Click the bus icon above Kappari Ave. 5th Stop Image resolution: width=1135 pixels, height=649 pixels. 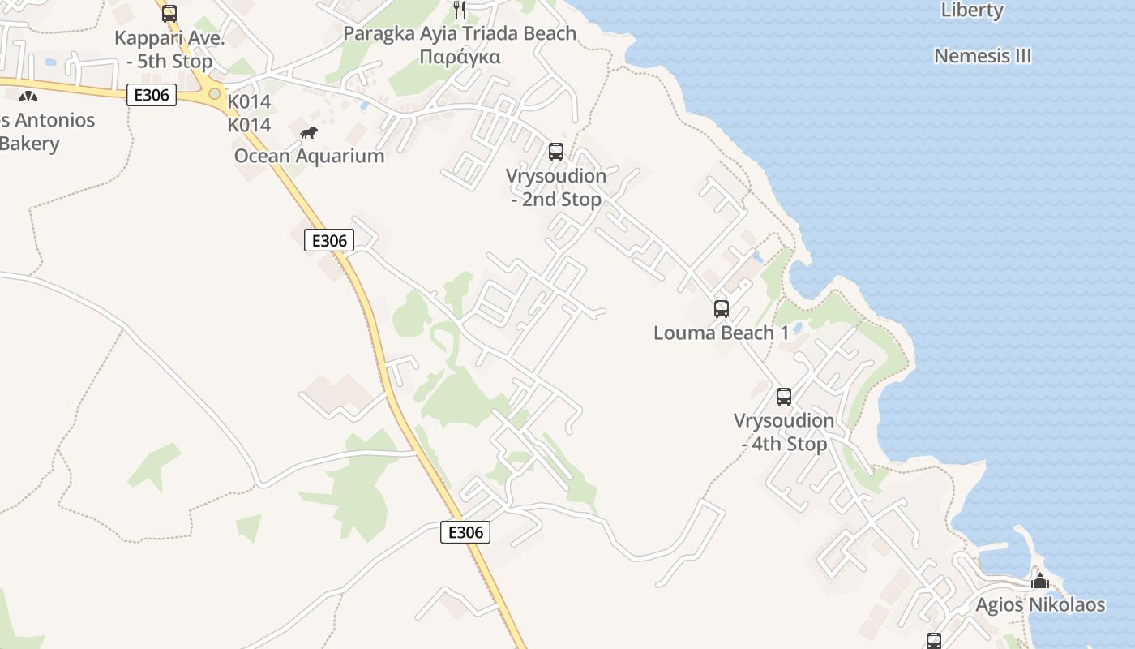(x=169, y=14)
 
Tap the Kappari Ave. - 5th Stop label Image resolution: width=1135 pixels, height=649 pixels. (x=164, y=49)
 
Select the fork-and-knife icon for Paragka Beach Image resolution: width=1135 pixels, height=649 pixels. (x=460, y=9)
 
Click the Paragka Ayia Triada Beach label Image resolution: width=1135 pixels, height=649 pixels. (x=460, y=33)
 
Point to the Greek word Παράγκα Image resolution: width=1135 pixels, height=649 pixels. (x=460, y=57)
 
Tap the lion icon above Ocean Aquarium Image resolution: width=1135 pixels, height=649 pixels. (x=309, y=133)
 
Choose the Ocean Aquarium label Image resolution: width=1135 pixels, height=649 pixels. (x=309, y=156)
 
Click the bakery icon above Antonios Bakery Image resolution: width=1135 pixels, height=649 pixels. (x=28, y=97)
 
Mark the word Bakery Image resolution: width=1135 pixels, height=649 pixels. (x=30, y=144)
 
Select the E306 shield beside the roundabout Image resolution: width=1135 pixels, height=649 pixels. (x=152, y=95)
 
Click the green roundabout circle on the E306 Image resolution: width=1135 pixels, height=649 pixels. (x=214, y=94)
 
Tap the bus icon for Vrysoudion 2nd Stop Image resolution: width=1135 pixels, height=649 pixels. (x=556, y=152)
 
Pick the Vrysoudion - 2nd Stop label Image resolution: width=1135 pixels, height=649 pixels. (x=556, y=187)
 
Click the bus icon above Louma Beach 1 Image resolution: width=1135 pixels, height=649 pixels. (x=722, y=309)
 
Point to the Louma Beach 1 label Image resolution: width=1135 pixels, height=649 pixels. (x=721, y=333)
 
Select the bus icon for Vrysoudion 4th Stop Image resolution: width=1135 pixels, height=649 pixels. (x=784, y=397)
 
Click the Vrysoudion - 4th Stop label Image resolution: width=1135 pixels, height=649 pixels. (x=784, y=432)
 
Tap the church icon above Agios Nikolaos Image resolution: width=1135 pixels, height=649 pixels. (x=1040, y=581)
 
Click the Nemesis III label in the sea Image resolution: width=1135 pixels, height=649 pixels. (x=983, y=56)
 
